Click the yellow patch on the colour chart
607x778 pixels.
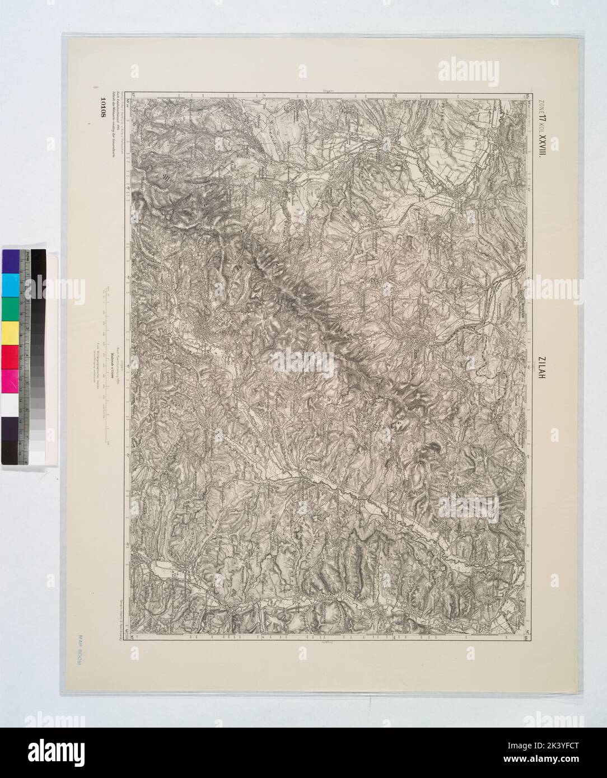tap(11, 333)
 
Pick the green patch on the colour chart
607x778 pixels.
tap(11, 308)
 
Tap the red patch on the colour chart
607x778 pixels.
tap(11, 357)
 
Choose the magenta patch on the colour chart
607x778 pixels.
tap(11, 381)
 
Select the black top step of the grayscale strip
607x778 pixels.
tap(38, 263)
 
